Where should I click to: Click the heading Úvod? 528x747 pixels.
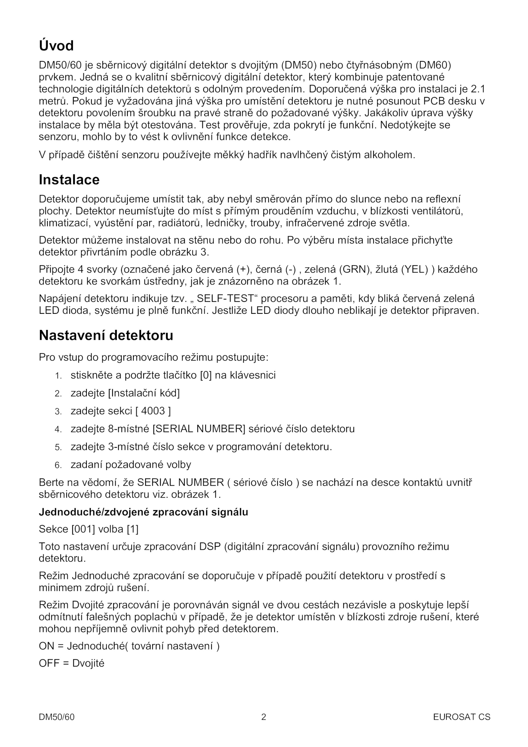tap(56, 46)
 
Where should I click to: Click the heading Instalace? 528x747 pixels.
tap(69, 180)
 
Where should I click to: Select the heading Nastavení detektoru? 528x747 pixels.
tap(106, 336)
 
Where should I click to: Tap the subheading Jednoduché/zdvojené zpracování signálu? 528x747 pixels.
tap(143, 512)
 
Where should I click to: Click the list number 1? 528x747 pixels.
tap(58, 376)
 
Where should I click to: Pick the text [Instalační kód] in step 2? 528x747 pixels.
tap(144, 393)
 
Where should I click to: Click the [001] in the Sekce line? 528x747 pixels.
tap(83, 530)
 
